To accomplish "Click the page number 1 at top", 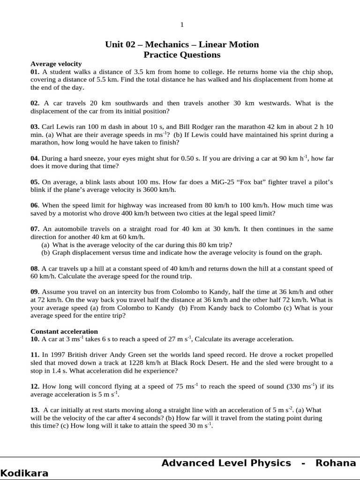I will click(182, 25).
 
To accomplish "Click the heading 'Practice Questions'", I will click(182, 55).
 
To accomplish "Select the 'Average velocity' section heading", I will click(56, 64).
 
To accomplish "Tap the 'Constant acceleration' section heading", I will click(64, 331).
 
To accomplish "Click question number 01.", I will click(35, 72).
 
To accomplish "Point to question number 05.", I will click(35, 182).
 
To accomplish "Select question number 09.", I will click(35, 292).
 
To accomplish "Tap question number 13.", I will click(35, 410).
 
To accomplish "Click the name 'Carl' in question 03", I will click(48, 127).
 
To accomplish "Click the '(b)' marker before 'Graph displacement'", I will click(45, 253).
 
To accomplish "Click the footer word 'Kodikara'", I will click(24, 473).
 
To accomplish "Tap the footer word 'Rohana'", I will click(336, 463).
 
